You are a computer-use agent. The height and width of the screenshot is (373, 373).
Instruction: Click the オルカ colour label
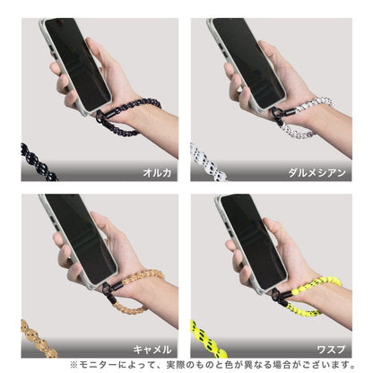tap(157, 173)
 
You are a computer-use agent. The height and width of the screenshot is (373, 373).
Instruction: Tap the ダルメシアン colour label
tap(317, 173)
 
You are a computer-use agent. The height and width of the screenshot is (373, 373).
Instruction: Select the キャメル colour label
tap(152, 349)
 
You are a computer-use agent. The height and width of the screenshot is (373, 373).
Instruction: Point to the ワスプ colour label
tap(331, 349)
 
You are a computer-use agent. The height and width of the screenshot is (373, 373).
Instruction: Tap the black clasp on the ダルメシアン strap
tap(278, 116)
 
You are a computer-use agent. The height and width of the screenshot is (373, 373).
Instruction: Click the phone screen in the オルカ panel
tap(78, 63)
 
